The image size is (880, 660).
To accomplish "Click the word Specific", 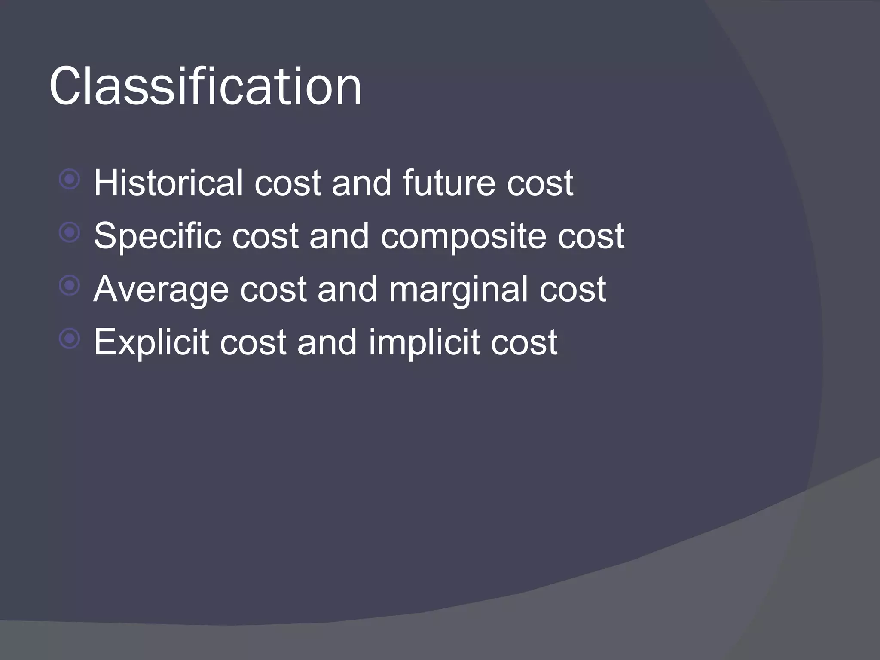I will click(x=157, y=236).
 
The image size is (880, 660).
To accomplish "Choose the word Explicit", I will click(x=151, y=342).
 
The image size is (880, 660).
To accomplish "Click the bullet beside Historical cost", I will click(x=70, y=180).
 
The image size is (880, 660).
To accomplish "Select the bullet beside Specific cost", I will click(x=70, y=233).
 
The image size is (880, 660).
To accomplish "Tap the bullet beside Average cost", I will click(x=70, y=286).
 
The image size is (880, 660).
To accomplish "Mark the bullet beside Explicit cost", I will click(x=70, y=339).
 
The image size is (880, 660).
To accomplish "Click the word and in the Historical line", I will click(x=361, y=183).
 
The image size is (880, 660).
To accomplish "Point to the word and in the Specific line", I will click(x=339, y=236).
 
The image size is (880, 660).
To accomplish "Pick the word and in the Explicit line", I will click(x=327, y=342).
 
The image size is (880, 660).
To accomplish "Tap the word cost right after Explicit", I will click(x=253, y=343).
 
